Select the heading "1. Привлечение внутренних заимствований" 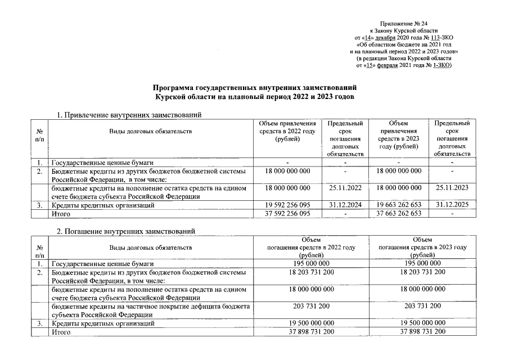130,115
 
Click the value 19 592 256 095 287,205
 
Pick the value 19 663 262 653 399,205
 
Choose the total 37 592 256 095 287,214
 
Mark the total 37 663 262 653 399,214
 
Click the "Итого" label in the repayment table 61,332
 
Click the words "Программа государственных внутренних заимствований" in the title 255,88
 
